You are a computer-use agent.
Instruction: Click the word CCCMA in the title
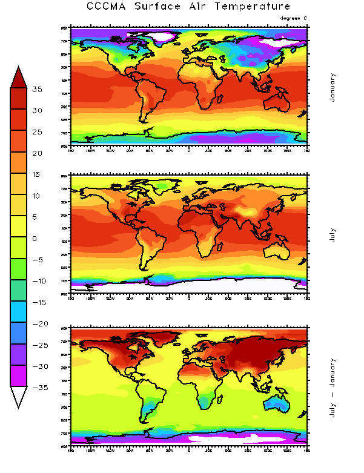107,7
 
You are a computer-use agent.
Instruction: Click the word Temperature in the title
254,7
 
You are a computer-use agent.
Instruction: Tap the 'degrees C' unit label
294,18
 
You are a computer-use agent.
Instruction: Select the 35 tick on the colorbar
38,90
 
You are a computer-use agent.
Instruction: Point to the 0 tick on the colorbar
38,239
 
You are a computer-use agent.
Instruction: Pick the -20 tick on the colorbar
38,324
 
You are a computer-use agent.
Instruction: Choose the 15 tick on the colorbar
38,174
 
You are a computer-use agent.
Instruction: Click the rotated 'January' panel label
332,87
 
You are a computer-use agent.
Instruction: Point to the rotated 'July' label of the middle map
332,235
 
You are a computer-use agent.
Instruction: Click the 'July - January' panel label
332,385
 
